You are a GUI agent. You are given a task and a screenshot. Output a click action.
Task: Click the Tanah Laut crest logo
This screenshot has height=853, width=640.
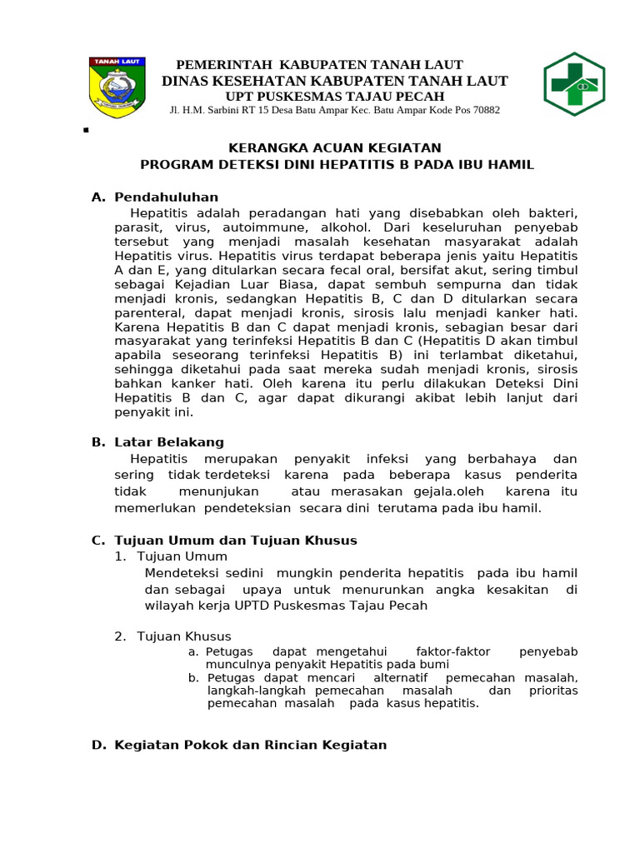117,87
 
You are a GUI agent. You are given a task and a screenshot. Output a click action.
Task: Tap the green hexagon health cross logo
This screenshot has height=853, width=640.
574,85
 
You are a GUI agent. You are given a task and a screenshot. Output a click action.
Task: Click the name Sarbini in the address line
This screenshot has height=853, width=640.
225,110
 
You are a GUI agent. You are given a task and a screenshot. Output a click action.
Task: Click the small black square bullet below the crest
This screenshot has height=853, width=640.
87,131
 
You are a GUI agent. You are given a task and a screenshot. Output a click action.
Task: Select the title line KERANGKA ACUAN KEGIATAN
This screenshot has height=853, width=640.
337,148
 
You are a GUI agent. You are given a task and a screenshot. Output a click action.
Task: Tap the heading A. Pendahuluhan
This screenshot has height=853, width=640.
155,197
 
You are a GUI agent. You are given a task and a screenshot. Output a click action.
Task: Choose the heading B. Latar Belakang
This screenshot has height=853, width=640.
157,442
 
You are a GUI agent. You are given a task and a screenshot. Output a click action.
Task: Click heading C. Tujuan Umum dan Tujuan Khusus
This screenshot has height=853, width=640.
224,541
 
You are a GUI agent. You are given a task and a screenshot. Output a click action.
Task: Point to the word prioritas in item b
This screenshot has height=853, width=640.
553,691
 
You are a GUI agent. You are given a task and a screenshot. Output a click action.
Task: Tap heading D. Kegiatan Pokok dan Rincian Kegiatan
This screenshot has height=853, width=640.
239,745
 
